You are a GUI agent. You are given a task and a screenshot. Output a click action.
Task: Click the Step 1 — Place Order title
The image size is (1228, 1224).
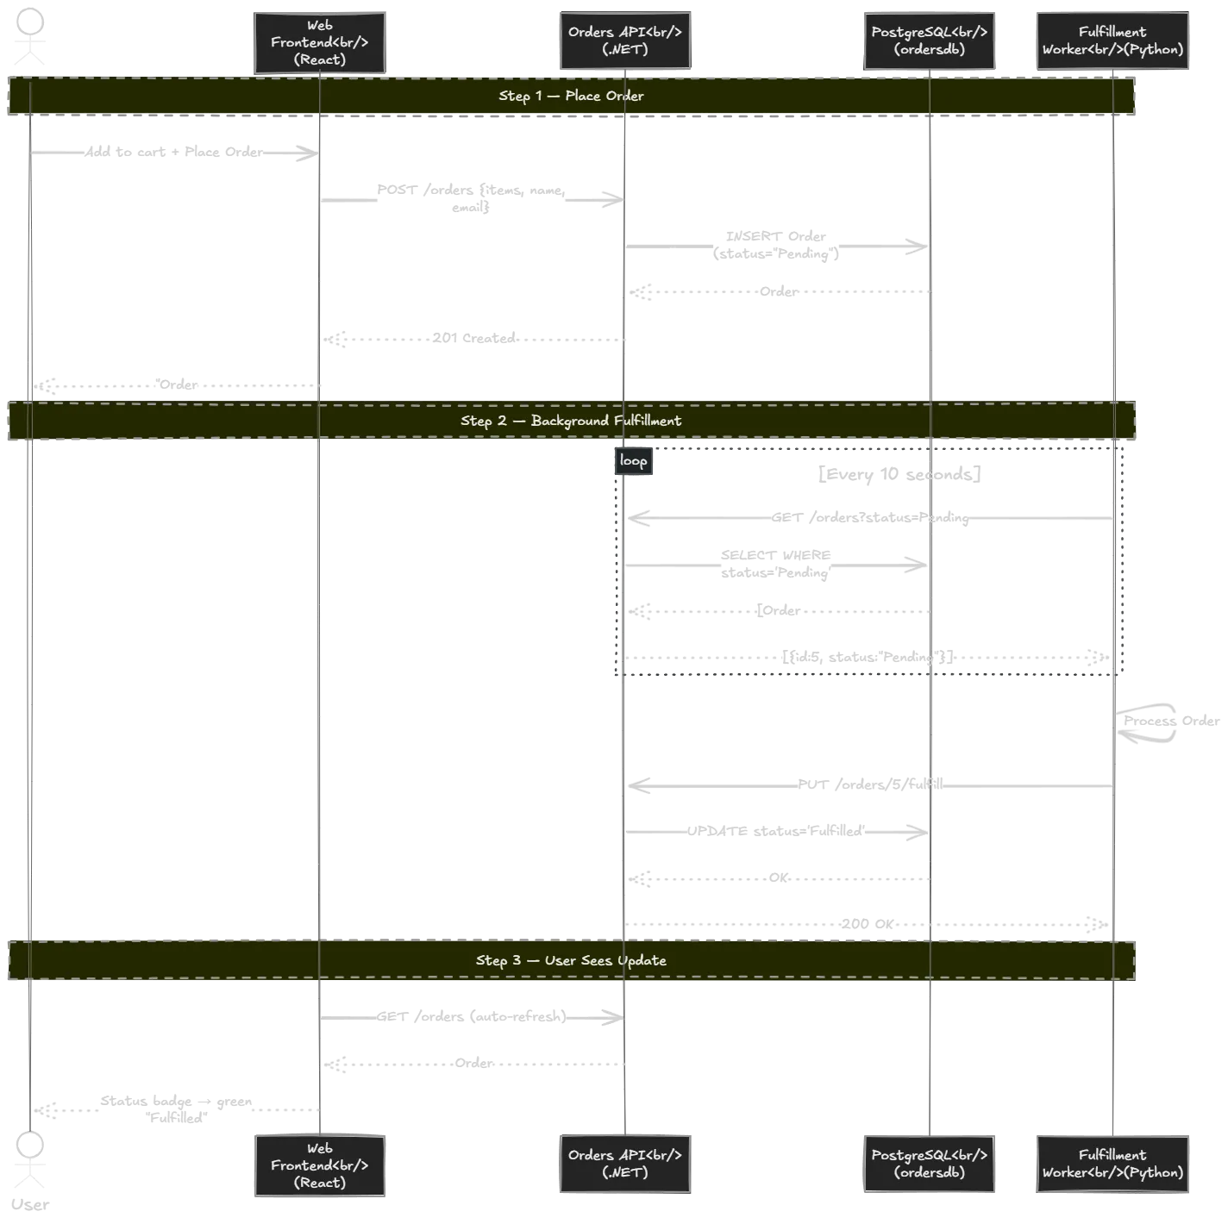tap(571, 96)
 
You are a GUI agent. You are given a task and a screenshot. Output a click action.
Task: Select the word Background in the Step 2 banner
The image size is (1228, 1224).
tap(569, 421)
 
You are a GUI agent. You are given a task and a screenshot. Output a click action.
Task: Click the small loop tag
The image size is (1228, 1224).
tap(633, 461)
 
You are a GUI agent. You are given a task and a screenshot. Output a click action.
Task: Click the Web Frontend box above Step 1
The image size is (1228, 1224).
tap(319, 42)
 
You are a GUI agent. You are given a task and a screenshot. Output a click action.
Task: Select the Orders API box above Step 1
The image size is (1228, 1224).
tap(626, 41)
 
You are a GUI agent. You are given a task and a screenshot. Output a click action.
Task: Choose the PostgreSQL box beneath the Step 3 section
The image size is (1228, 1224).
tap(930, 1164)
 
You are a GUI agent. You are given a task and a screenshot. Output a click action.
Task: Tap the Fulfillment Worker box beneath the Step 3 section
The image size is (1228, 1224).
tap(1112, 1164)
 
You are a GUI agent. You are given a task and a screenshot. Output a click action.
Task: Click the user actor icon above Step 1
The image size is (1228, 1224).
tap(31, 39)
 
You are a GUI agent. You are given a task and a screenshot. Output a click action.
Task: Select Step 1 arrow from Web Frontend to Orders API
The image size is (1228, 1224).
tap(471, 199)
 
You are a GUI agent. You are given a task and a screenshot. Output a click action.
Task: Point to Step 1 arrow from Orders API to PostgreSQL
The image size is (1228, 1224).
tap(776, 247)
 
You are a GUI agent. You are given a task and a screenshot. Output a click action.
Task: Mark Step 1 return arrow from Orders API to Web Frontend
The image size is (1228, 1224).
tap(474, 340)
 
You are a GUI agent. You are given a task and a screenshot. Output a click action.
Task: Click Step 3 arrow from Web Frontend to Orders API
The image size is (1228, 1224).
tap(471, 1017)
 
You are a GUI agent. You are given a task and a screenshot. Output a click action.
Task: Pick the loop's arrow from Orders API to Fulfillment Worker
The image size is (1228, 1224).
tap(862, 659)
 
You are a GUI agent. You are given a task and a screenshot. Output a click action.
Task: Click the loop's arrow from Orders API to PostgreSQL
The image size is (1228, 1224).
tap(776, 565)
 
